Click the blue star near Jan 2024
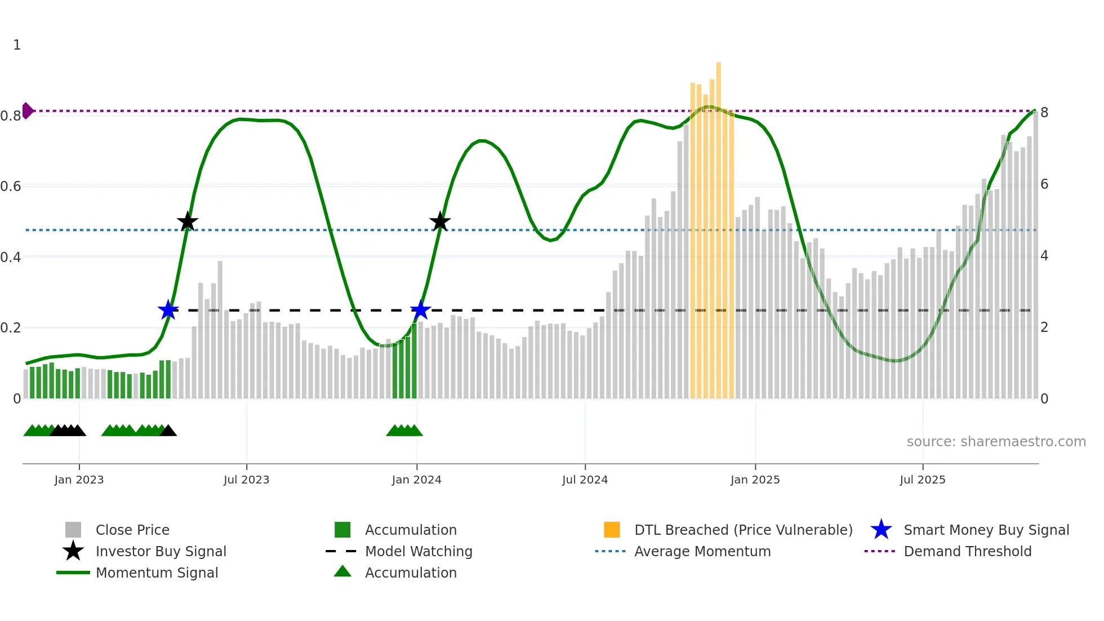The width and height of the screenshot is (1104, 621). pyautogui.click(x=420, y=310)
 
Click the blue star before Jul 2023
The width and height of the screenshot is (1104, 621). pyautogui.click(x=168, y=310)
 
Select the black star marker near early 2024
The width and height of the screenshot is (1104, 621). pyautogui.click(x=440, y=222)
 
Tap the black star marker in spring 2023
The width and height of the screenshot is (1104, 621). pyautogui.click(x=188, y=222)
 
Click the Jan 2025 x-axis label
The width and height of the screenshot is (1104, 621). pyautogui.click(x=755, y=480)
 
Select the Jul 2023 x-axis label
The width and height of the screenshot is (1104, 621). pyautogui.click(x=246, y=480)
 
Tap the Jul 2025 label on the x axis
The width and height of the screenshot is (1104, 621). pyautogui.click(x=922, y=480)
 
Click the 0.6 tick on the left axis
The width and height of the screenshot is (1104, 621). pyautogui.click(x=11, y=186)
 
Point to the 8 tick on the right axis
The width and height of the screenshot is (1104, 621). pyautogui.click(x=1044, y=113)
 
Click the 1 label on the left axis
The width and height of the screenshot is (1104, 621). pyautogui.click(x=17, y=45)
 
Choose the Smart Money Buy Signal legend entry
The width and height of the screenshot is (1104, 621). pyautogui.click(x=986, y=530)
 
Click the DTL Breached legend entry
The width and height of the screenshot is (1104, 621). pyautogui.click(x=743, y=530)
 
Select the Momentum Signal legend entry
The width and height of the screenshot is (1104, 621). pyautogui.click(x=157, y=573)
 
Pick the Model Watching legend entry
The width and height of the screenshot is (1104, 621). pyautogui.click(x=419, y=551)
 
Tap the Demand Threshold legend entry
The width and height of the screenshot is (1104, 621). pyautogui.click(x=967, y=551)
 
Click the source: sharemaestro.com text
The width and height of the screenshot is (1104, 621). pyautogui.click(x=996, y=441)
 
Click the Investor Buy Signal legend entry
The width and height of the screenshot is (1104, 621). pyautogui.click(x=161, y=551)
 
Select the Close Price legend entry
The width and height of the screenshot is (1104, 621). pyautogui.click(x=132, y=530)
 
